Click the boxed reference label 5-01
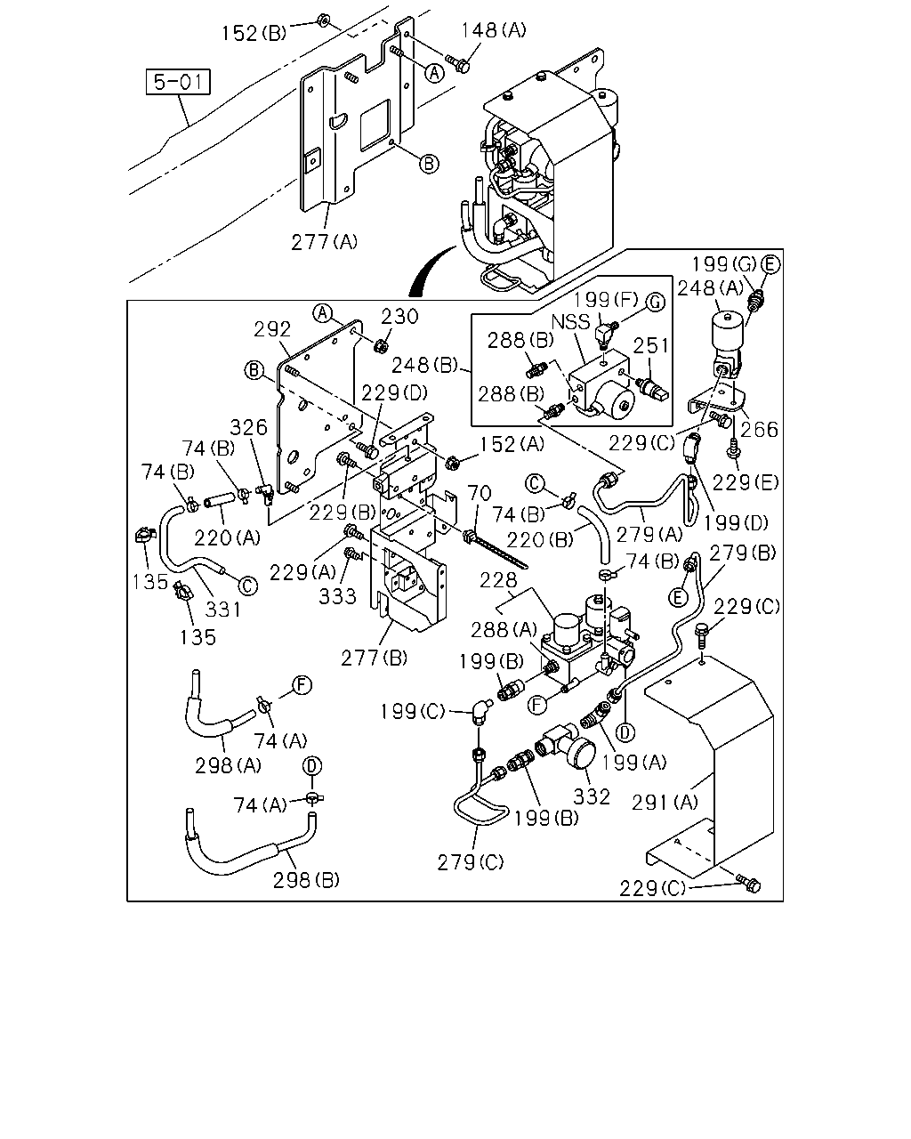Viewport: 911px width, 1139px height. (178, 82)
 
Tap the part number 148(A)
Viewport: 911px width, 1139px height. (494, 30)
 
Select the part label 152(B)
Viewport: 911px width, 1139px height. (254, 33)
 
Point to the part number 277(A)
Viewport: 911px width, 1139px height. (325, 242)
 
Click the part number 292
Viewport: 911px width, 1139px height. (272, 329)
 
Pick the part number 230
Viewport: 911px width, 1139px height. (400, 317)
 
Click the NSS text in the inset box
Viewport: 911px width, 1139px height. (570, 322)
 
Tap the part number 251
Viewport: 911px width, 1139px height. (651, 345)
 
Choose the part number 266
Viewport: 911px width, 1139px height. (759, 430)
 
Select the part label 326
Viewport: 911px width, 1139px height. (249, 427)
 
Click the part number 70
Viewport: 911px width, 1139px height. (480, 493)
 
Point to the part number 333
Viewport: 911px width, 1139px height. (337, 596)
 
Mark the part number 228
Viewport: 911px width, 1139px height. (498, 580)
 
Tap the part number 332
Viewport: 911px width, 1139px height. (592, 796)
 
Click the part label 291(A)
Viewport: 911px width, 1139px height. (665, 803)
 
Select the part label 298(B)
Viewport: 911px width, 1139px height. (307, 880)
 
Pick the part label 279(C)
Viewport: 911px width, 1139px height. (471, 863)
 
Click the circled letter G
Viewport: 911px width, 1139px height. (656, 303)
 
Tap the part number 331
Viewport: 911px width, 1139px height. (222, 610)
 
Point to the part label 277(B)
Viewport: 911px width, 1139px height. (375, 658)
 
